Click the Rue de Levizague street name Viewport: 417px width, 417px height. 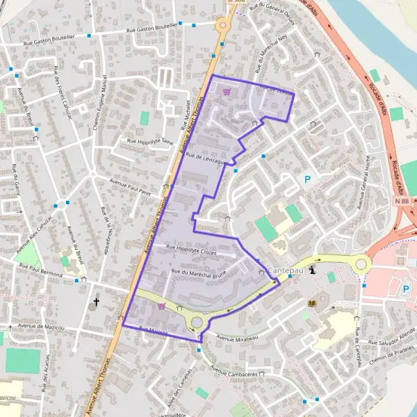click(206, 160)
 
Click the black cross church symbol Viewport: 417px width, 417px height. click(97, 303)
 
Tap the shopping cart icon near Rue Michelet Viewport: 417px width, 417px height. click(226, 90)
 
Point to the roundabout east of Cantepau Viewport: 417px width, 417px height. click(361, 264)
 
